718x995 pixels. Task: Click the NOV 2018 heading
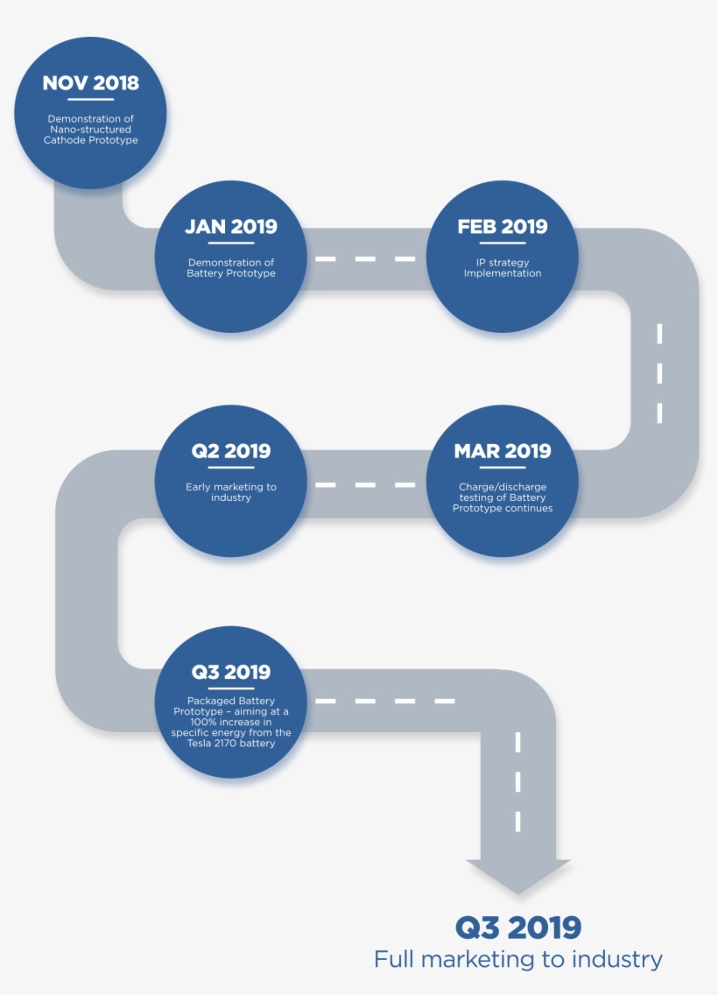coord(91,83)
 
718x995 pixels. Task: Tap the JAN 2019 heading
coord(231,227)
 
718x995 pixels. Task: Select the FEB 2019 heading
coord(503,227)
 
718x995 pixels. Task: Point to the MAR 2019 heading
coord(503,451)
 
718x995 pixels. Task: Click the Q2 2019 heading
coord(231,451)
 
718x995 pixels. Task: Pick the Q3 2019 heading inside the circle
coord(231,672)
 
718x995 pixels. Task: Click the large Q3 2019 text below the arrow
coord(518,928)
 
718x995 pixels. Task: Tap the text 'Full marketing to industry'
coord(518,959)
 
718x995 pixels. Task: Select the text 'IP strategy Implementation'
coord(503,268)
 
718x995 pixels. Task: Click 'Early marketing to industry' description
coord(231,492)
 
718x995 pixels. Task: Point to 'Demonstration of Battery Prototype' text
coord(231,268)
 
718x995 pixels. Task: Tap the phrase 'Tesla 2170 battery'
coord(231,743)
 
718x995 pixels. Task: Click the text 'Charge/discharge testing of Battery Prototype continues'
coord(503,497)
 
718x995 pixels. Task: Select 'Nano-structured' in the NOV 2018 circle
coord(91,130)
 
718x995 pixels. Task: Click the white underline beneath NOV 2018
coord(91,100)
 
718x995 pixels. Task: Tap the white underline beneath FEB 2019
coord(503,243)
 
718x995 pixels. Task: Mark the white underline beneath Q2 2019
coord(231,468)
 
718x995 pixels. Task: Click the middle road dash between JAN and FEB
coord(365,259)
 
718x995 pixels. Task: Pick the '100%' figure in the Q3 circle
coord(203,722)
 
